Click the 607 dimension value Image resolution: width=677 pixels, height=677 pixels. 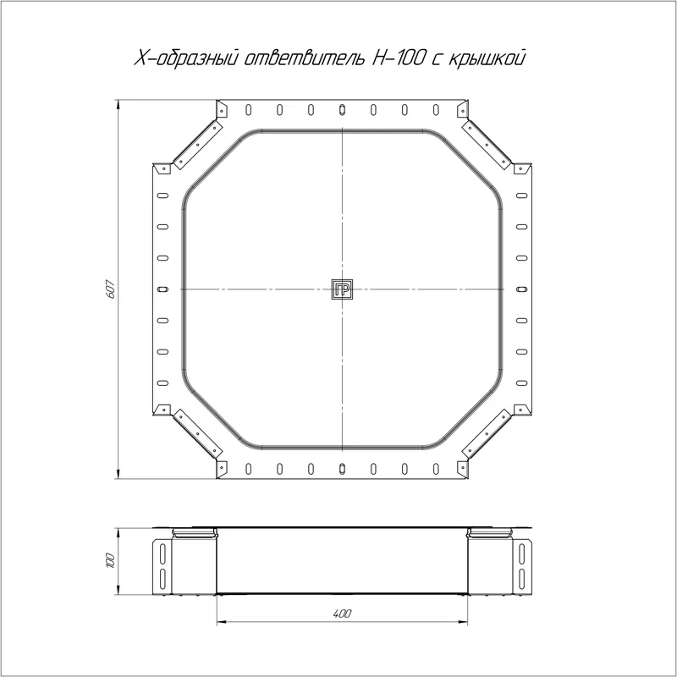click(x=110, y=289)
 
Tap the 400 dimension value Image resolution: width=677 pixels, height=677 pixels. click(x=343, y=613)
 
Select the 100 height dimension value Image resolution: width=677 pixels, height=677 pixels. click(x=110, y=560)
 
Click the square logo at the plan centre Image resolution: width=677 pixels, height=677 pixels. click(x=343, y=289)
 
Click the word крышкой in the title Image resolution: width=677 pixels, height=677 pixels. click(x=487, y=58)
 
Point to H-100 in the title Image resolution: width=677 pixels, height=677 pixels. click(x=397, y=58)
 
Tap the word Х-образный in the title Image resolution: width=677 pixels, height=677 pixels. click(x=186, y=58)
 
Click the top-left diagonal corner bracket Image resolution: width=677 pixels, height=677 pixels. click(x=198, y=145)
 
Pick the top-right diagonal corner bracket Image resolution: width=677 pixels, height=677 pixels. click(x=487, y=145)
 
